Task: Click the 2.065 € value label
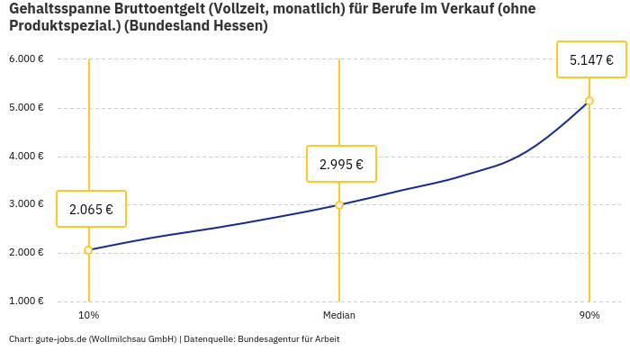pos(91,209)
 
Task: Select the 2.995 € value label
pos(341,164)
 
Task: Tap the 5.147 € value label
pos(591,60)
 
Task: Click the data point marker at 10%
pos(88,250)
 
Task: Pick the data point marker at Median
pos(339,205)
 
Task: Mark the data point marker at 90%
pos(589,101)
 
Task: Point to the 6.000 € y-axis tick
pos(26,59)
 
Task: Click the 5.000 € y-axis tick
pos(26,108)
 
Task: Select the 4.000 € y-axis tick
pos(26,157)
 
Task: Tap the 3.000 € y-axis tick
pos(26,204)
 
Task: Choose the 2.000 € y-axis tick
pos(26,253)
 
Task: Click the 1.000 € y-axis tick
pos(26,301)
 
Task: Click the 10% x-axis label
pos(88,315)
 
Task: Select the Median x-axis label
pos(339,315)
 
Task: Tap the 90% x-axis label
pos(589,315)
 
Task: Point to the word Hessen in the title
pos(242,26)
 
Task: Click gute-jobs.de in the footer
pos(60,339)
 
